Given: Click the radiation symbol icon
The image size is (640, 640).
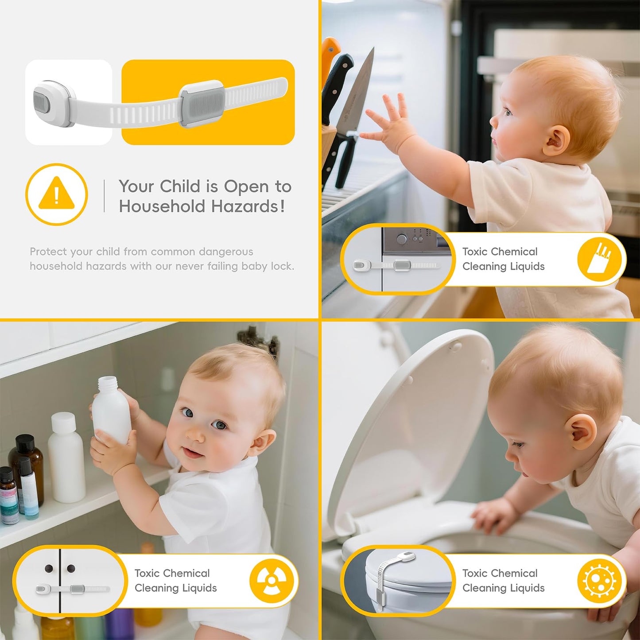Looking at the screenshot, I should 272,581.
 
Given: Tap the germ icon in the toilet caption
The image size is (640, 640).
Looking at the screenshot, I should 599,580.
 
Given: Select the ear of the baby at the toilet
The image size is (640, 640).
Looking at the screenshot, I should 580,432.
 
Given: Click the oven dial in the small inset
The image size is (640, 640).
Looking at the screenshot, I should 402,240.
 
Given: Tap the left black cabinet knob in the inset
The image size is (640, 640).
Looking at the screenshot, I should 49,568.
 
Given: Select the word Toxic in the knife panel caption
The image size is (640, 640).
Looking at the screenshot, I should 475,252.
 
